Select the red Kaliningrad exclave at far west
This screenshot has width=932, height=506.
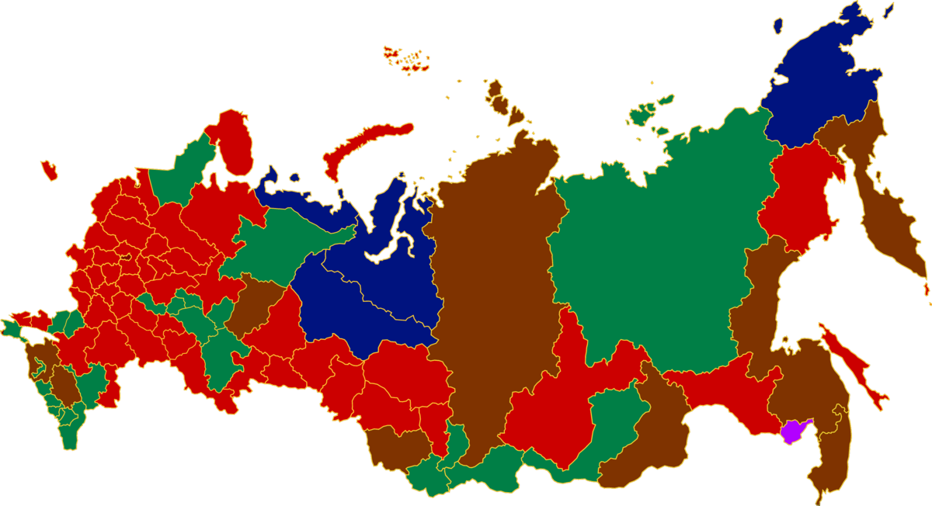pyautogui.click(x=50, y=169)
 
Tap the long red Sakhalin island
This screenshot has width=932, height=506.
pyautogui.click(x=854, y=365)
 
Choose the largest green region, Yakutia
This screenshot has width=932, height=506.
pyautogui.click(x=660, y=248)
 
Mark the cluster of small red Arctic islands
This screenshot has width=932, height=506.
pyautogui.click(x=408, y=60)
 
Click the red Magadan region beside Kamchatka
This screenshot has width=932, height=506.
pyautogui.click(x=800, y=194)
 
